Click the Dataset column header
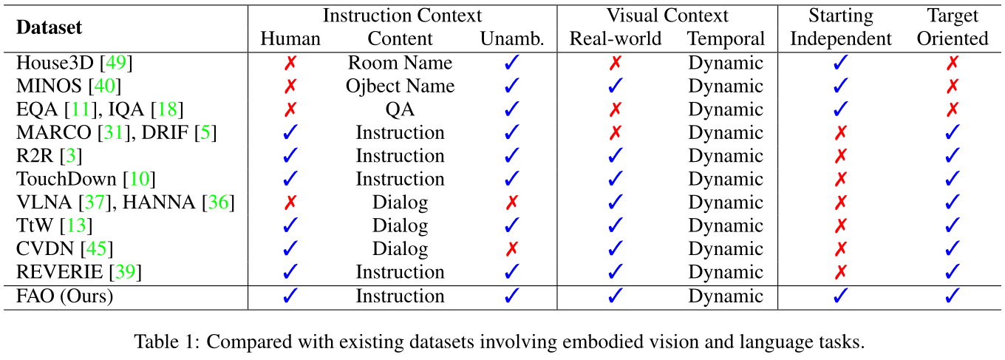point(49,28)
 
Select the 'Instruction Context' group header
point(402,16)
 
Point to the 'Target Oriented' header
point(953,28)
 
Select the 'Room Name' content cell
point(400,63)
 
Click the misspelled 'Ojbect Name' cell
point(400,86)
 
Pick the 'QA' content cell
point(400,109)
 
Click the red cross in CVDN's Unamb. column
point(511,249)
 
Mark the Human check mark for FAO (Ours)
point(290,296)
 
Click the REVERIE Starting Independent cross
point(840,273)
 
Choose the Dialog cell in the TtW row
point(400,226)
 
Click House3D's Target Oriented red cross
point(953,63)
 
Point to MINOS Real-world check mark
point(615,86)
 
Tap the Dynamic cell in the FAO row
point(725,296)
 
